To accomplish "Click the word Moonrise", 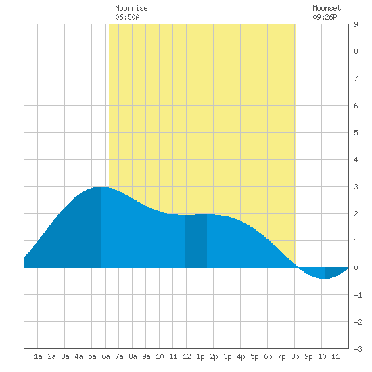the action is tap(131, 8).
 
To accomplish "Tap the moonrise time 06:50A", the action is tap(127, 17).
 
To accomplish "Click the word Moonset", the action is tap(327, 8).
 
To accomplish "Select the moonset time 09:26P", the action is tap(325, 17).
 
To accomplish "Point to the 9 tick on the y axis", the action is tap(356, 24).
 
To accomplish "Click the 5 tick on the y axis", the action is tap(356, 133).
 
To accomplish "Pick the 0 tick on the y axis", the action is tap(356, 268).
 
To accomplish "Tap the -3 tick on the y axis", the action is tap(358, 349).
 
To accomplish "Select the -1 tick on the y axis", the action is tap(358, 295).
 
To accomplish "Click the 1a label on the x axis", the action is tap(38, 356).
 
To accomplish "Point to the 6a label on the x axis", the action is tap(106, 356).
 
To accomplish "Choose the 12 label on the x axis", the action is tap(187, 356).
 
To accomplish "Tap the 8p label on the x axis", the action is tap(295, 356).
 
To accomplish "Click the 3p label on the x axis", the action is tap(227, 356).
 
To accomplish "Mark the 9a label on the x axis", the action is tap(146, 356).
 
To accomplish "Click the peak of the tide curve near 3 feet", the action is tap(101, 187).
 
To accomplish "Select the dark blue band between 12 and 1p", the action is tap(196, 241).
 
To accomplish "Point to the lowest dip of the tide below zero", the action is tap(325, 278).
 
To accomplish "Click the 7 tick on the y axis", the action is tap(356, 78).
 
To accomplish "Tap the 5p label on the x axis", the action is tap(254, 356).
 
